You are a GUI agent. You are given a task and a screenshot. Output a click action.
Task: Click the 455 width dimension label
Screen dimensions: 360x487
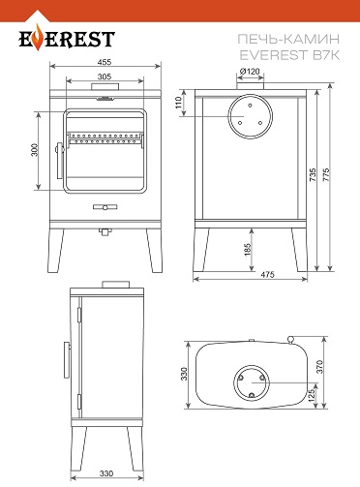click(105, 62)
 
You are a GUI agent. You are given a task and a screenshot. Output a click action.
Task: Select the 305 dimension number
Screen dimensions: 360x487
click(105, 76)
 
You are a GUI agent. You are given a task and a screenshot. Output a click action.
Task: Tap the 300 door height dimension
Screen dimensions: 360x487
click(35, 150)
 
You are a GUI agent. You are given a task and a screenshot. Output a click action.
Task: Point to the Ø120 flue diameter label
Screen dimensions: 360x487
click(250, 71)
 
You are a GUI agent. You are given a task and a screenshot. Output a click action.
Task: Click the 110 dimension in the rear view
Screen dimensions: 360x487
click(179, 103)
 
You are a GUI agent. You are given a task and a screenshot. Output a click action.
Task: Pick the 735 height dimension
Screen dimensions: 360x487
click(313, 174)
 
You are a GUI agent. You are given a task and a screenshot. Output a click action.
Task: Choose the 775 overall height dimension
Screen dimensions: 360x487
click(326, 174)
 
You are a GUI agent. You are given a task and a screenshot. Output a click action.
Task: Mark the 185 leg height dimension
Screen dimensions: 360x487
click(248, 250)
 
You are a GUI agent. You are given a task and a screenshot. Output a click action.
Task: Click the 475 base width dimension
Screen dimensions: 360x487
click(267, 274)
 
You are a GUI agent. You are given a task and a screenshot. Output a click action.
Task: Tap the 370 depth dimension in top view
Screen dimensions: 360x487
click(319, 367)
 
